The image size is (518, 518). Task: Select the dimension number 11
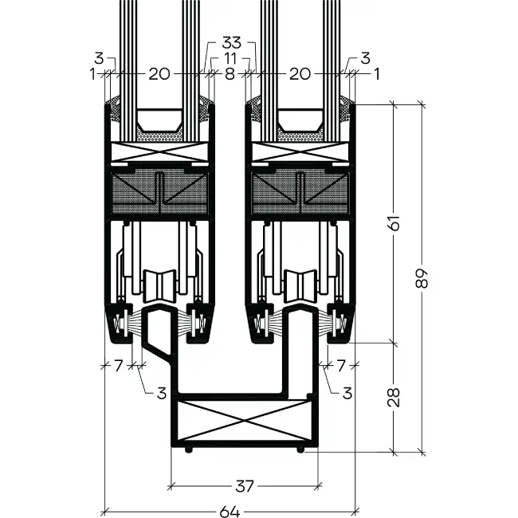(x=230, y=58)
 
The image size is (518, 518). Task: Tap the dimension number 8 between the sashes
(x=230, y=74)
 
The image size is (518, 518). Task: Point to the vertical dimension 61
(x=394, y=223)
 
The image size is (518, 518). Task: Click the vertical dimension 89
(x=422, y=278)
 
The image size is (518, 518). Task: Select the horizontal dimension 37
(x=245, y=485)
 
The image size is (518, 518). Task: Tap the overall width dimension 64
(x=230, y=511)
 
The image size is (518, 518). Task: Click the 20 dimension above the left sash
(x=159, y=74)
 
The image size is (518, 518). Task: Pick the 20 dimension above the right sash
(x=300, y=74)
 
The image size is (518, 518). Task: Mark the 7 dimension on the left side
(x=119, y=366)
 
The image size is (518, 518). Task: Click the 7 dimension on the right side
(x=340, y=366)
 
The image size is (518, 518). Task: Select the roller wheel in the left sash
(x=159, y=285)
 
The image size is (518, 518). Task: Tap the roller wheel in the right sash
(x=300, y=285)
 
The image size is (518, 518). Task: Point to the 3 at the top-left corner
(x=98, y=58)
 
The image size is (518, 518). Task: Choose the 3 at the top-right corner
(x=364, y=58)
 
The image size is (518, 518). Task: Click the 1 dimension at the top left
(x=93, y=74)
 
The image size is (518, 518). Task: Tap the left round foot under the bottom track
(x=188, y=449)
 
